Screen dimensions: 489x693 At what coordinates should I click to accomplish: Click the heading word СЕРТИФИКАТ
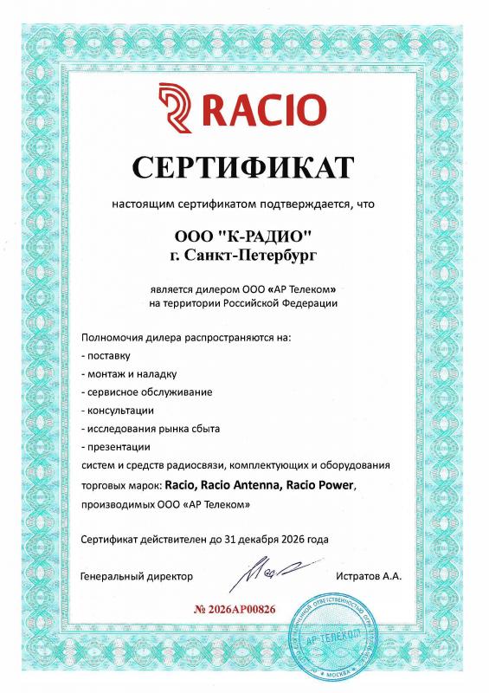pos(244,165)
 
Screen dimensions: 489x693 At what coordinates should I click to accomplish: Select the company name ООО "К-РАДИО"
pos(243,236)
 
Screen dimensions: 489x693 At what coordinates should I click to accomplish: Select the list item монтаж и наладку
pos(131,374)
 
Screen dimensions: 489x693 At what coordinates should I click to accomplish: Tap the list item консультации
pos(119,411)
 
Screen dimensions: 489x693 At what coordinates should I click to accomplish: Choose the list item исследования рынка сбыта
pos(153,429)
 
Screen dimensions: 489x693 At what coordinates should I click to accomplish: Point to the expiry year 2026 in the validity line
pos(289,539)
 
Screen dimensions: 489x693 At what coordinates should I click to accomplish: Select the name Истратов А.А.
pos(368,576)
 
